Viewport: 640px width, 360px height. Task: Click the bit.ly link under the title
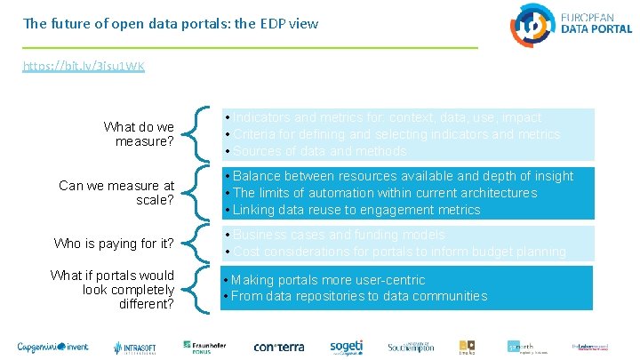click(84, 67)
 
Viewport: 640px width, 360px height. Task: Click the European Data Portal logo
click(571, 24)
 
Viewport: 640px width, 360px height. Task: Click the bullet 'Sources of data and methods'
click(308, 151)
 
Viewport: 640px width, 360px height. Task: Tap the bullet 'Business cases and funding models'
click(338, 235)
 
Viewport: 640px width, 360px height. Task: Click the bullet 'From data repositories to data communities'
click(359, 296)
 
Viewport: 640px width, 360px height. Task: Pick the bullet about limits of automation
click(384, 193)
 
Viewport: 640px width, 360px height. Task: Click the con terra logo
click(279, 346)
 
